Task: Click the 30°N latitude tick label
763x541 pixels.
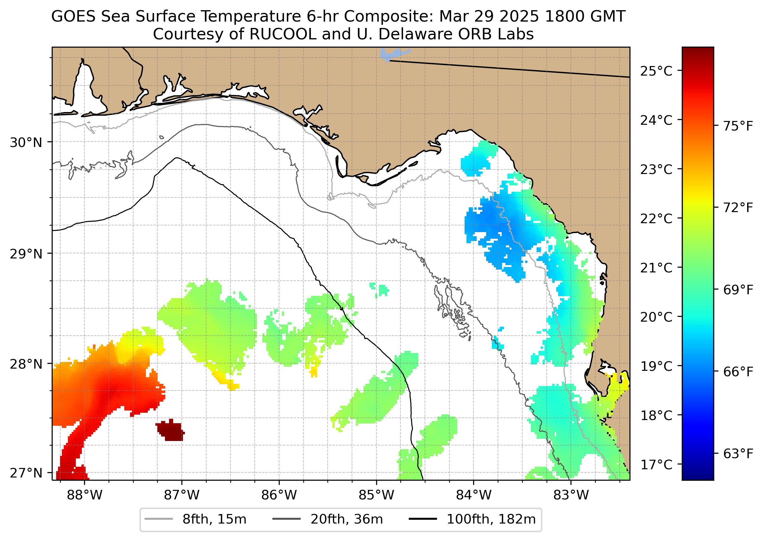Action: pyautogui.click(x=26, y=143)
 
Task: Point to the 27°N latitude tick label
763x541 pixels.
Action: pyautogui.click(x=26, y=473)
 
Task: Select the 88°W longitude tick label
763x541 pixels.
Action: pyautogui.click(x=85, y=495)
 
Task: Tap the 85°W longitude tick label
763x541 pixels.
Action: pyautogui.click(x=376, y=495)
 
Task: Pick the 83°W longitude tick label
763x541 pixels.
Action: pyautogui.click(x=571, y=495)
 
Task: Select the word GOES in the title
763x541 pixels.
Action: pyautogui.click(x=74, y=16)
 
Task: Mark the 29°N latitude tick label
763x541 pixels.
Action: pyautogui.click(x=26, y=254)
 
